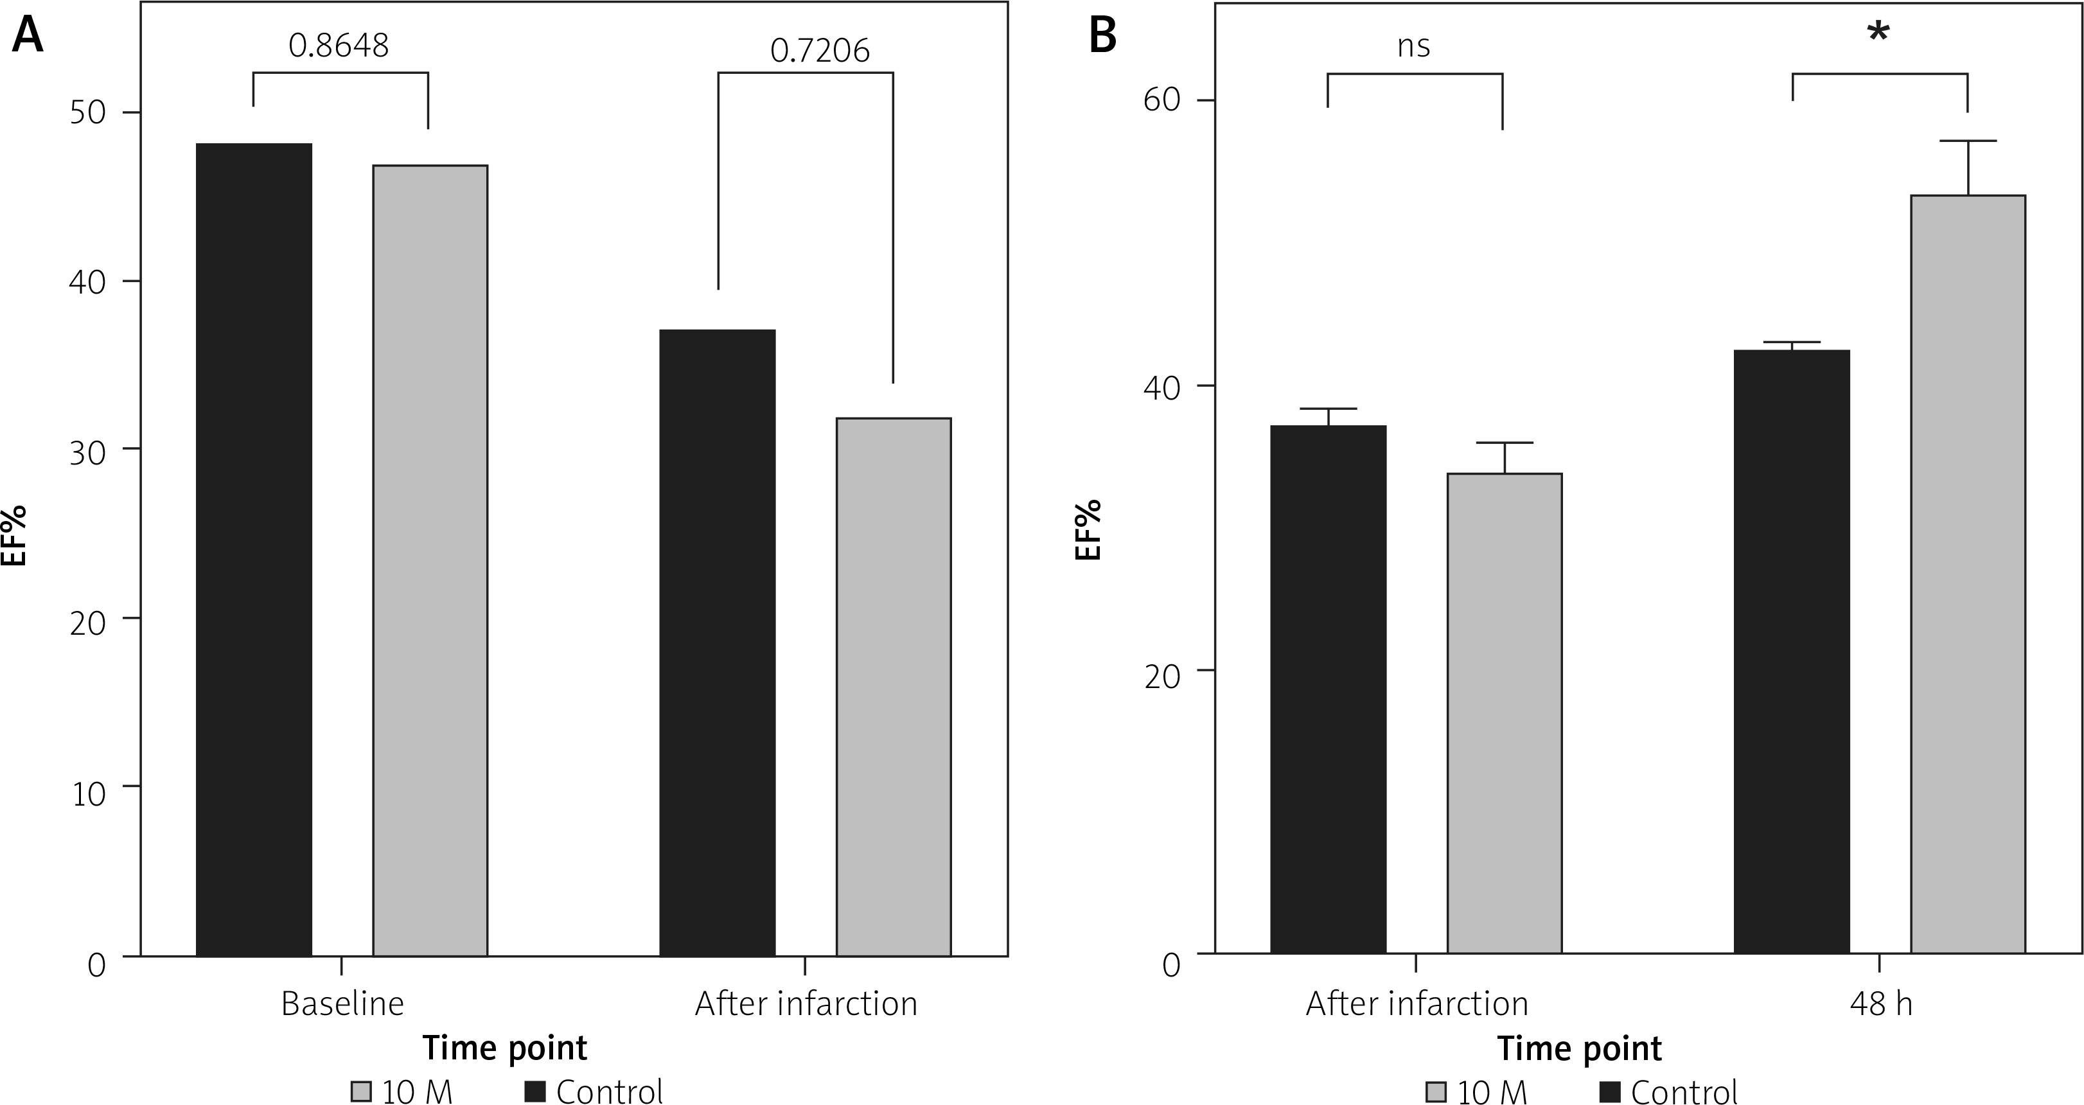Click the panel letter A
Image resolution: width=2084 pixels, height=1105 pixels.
click(x=28, y=37)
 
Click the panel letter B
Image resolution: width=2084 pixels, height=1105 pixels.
click(x=1102, y=37)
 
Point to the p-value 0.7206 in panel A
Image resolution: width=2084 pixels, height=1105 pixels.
click(x=820, y=51)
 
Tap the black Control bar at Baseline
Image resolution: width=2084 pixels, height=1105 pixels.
click(x=254, y=550)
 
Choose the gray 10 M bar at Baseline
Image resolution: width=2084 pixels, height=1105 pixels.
click(x=430, y=561)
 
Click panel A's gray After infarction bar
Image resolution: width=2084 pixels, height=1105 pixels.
click(x=893, y=687)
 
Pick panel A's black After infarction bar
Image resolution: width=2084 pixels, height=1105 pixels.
click(x=718, y=643)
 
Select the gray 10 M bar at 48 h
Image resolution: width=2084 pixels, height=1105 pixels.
click(x=1968, y=574)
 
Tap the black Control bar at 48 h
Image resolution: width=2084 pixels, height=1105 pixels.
click(x=1792, y=652)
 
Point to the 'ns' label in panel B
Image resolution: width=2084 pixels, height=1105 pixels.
click(x=1413, y=46)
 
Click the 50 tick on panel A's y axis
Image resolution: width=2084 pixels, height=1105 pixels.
click(x=88, y=112)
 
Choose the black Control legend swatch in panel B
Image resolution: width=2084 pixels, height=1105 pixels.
click(x=1611, y=1092)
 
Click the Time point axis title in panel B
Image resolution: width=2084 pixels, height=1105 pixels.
click(x=1579, y=1048)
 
